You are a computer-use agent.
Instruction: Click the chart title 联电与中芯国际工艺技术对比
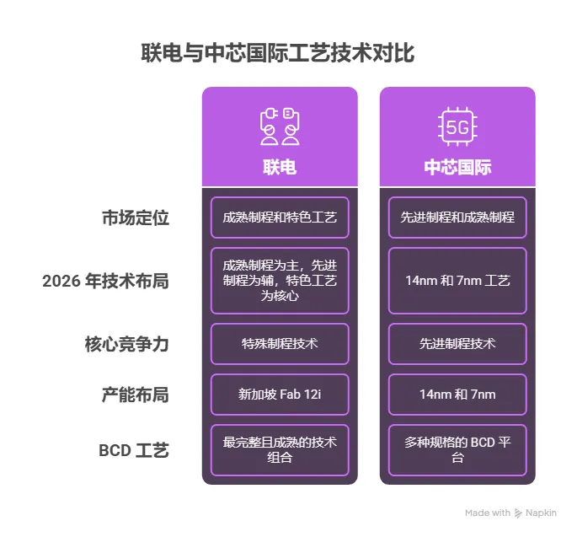277,54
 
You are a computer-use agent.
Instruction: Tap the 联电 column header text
280,167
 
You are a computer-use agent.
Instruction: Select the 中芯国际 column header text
457,167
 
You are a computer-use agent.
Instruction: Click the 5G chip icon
457,127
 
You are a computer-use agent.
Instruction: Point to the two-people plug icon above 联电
280,126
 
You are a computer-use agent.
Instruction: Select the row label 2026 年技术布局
106,281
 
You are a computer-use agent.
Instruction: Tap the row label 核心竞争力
127,344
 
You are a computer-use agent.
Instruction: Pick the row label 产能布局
136,395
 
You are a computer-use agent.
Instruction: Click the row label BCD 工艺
134,450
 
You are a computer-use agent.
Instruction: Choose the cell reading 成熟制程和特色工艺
280,217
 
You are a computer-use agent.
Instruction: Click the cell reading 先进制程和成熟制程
457,217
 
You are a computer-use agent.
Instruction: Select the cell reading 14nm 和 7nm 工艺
457,281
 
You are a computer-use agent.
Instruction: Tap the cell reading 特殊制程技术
280,344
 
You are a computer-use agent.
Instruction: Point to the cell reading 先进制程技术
457,344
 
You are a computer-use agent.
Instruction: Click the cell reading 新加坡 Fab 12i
280,395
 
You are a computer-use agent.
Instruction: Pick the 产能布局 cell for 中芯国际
457,395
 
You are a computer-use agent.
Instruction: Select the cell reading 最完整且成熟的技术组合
280,450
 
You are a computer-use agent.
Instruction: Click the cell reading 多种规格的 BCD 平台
457,450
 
